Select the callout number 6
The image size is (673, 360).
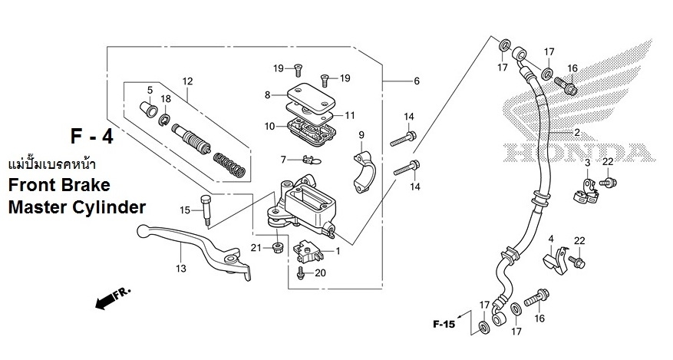(x=417, y=81)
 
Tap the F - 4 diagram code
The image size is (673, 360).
(x=91, y=137)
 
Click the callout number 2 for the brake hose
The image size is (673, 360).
(x=588, y=132)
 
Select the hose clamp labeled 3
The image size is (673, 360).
(x=587, y=192)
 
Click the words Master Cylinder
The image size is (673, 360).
(x=76, y=208)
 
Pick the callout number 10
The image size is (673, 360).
(x=269, y=126)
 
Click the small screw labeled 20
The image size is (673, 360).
(x=302, y=272)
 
